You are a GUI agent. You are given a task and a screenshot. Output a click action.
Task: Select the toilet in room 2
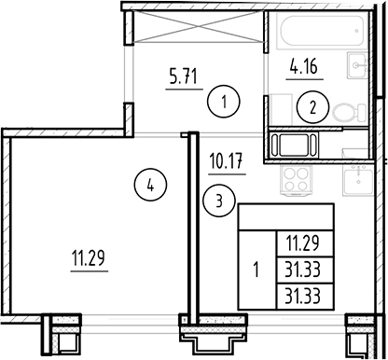[347, 110]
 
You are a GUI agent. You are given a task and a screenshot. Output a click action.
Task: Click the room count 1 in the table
[257, 271]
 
